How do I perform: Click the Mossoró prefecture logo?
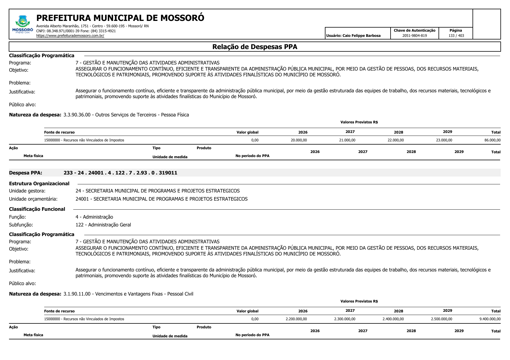[x=23, y=24]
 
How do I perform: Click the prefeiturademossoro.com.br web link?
[x=70, y=36]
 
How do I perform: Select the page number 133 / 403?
[x=456, y=36]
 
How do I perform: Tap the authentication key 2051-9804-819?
[x=414, y=36]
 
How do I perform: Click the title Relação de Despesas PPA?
[x=255, y=47]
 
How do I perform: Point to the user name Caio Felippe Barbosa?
[x=361, y=36]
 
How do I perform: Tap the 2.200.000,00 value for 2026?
[x=296, y=319]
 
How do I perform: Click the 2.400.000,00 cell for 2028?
[x=393, y=319]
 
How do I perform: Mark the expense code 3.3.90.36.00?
[x=77, y=115]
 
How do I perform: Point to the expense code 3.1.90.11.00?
[x=77, y=294]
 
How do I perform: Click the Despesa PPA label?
[x=26, y=173]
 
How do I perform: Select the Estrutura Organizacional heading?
[x=39, y=184]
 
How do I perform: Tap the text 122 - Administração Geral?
[x=103, y=225]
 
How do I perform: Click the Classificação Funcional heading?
[x=37, y=209]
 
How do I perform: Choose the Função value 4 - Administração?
[x=94, y=217]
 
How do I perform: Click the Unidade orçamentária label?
[x=33, y=199]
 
